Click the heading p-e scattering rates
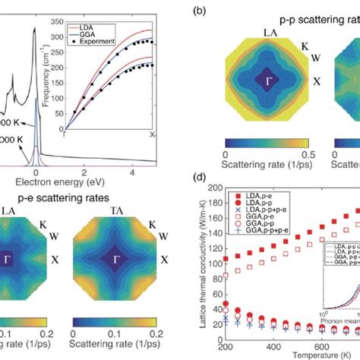pos(46,200)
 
